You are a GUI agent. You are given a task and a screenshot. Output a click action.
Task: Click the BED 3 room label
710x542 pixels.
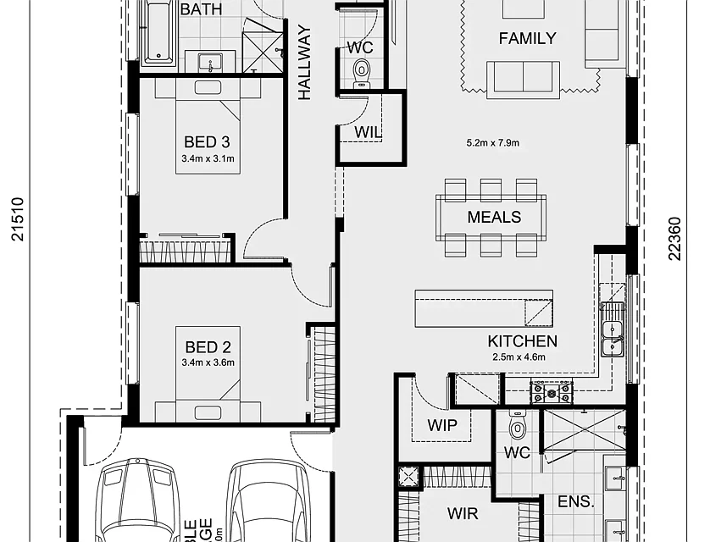tap(207, 142)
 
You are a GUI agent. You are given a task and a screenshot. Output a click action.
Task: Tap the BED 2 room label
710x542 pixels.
tap(208, 346)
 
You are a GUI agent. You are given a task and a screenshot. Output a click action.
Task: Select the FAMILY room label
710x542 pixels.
tap(527, 38)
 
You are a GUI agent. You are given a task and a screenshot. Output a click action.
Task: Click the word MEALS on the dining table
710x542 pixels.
tap(494, 218)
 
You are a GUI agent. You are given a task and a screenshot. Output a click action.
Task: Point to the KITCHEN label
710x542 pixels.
tap(522, 341)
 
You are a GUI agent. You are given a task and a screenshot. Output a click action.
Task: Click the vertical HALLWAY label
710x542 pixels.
tap(305, 64)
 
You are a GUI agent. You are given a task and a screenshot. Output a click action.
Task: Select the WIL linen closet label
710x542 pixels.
tap(368, 131)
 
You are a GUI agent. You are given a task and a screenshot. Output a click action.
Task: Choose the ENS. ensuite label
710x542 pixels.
tap(575, 502)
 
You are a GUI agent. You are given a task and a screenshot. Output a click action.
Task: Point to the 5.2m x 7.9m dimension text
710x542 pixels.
tap(492, 143)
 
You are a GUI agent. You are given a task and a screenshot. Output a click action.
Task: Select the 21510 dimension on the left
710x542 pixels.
tap(19, 220)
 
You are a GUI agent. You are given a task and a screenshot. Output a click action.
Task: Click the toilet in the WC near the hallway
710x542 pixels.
tap(362, 68)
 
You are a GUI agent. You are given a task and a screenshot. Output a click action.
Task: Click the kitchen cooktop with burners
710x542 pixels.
tap(551, 392)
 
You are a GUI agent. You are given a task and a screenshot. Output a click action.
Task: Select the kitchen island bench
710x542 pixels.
tap(484, 308)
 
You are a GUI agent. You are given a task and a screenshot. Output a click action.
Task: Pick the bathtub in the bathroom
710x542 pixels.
tap(158, 32)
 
